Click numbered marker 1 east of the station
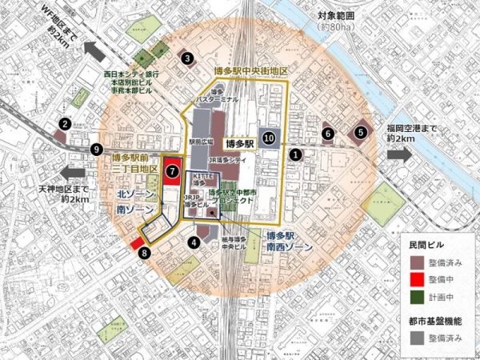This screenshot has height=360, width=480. click(296, 153)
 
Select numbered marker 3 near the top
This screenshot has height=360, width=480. click(187, 58)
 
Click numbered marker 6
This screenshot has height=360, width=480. click(327, 133)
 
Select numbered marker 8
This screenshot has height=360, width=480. click(144, 254)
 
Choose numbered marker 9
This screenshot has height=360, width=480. click(97, 149)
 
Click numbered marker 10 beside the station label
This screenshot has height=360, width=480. click(269, 138)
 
